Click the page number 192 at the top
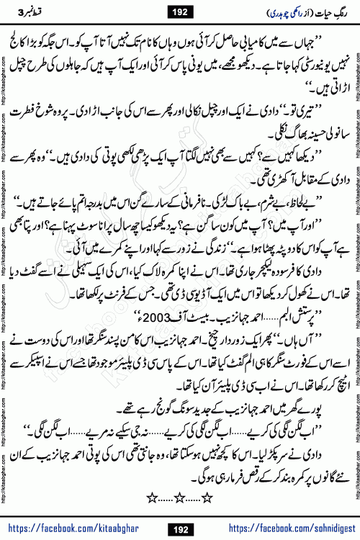[179, 11]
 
